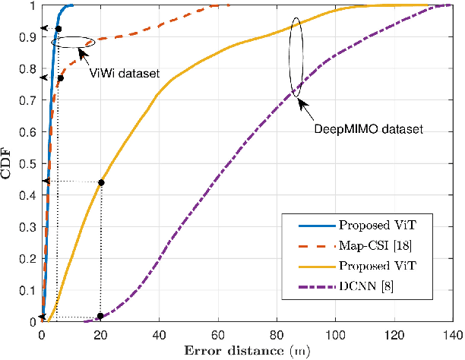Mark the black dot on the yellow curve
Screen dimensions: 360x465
click(101, 182)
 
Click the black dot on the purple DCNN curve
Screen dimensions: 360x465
click(100, 316)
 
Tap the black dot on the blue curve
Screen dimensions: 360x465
click(59, 29)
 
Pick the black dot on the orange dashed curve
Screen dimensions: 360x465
click(61, 78)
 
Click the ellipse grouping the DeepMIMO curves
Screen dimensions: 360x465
click(296, 58)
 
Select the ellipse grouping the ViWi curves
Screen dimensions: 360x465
click(74, 43)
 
